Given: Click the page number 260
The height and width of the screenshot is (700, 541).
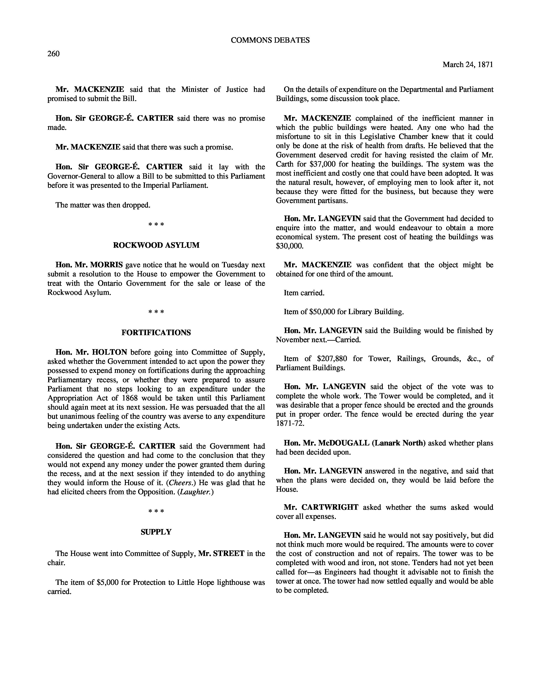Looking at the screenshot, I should click(53, 53).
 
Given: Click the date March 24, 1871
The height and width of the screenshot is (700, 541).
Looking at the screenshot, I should click(468, 64).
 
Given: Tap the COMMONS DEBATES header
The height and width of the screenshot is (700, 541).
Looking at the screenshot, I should click(270, 40).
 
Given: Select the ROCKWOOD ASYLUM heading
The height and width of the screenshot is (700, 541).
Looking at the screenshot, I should click(156, 245).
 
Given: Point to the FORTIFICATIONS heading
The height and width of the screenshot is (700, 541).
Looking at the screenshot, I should click(156, 333).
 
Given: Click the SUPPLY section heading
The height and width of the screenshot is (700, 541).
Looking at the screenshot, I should click(156, 532).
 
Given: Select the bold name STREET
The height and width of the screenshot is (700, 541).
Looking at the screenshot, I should click(229, 553).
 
